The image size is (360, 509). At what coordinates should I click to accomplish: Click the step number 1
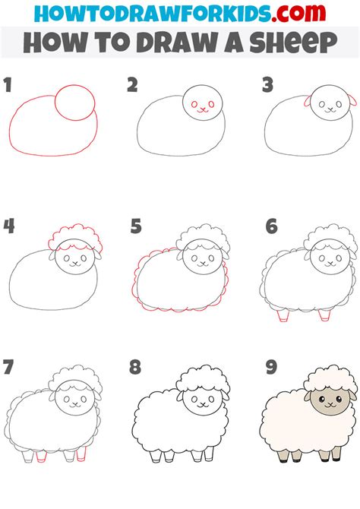[8, 85]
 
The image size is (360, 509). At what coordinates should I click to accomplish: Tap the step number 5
[136, 226]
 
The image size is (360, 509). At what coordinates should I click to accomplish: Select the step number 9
[271, 367]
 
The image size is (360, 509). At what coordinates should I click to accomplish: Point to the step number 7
[9, 367]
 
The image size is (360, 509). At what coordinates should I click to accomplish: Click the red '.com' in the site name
[298, 13]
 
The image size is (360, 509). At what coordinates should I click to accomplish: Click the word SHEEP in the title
[293, 43]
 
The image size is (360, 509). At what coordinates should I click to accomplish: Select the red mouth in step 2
[204, 110]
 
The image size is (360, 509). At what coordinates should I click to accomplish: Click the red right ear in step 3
[353, 100]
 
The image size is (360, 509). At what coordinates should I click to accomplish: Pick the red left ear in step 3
[308, 100]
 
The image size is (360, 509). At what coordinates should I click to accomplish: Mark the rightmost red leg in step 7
[81, 454]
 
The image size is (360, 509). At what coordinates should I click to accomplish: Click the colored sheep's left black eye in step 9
[322, 399]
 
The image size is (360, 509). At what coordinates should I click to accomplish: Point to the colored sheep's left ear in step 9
[308, 396]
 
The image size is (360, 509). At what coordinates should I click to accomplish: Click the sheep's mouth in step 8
[204, 405]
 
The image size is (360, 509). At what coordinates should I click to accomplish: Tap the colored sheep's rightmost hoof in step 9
[336, 460]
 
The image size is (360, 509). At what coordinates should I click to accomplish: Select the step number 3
[268, 85]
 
